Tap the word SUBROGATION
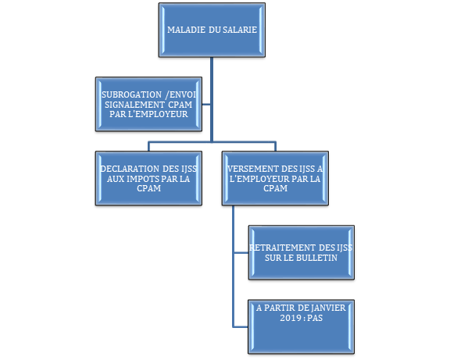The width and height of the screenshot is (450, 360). [x=131, y=94]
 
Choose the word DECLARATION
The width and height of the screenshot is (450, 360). [x=130, y=169]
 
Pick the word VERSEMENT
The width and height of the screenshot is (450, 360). [x=249, y=169]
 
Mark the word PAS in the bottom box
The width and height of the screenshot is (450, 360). [x=315, y=318]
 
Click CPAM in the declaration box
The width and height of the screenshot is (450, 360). [x=148, y=188]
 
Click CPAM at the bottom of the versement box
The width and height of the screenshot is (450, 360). [x=275, y=188]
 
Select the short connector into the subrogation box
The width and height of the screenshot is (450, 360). [x=206, y=105]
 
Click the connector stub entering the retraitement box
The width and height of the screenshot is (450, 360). [x=241, y=253]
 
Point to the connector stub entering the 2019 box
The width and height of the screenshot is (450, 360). [x=241, y=326]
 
